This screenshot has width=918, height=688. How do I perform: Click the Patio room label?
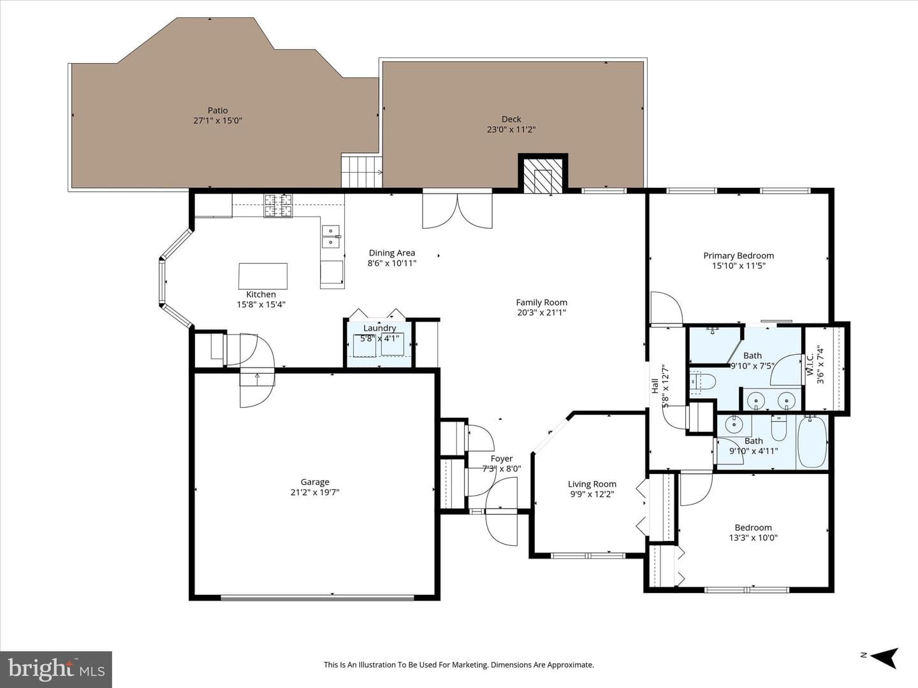pos(217,110)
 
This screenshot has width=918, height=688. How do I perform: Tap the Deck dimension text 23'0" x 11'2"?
pos(511,129)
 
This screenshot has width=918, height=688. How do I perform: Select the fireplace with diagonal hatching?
pos(543,176)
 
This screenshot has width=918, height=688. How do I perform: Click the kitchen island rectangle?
pos(263,276)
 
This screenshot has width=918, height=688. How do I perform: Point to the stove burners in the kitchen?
pos(278,206)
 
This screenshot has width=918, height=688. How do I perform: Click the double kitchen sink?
pos(331,236)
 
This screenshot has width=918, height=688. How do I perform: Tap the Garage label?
pos(315,482)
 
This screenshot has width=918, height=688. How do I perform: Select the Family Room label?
pos(542,303)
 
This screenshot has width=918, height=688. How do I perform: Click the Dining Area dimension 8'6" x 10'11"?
pos(392,263)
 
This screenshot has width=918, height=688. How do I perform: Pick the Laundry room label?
pos(379,328)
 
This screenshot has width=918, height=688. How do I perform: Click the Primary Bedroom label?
pos(739,255)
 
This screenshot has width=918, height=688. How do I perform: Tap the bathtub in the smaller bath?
pos(813,442)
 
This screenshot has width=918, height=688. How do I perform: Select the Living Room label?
pos(592,484)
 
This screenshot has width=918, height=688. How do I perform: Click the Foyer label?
pos(502,459)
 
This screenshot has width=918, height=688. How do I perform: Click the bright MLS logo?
pos(56,669)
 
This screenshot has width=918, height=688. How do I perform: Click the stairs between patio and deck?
pos(362,171)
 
